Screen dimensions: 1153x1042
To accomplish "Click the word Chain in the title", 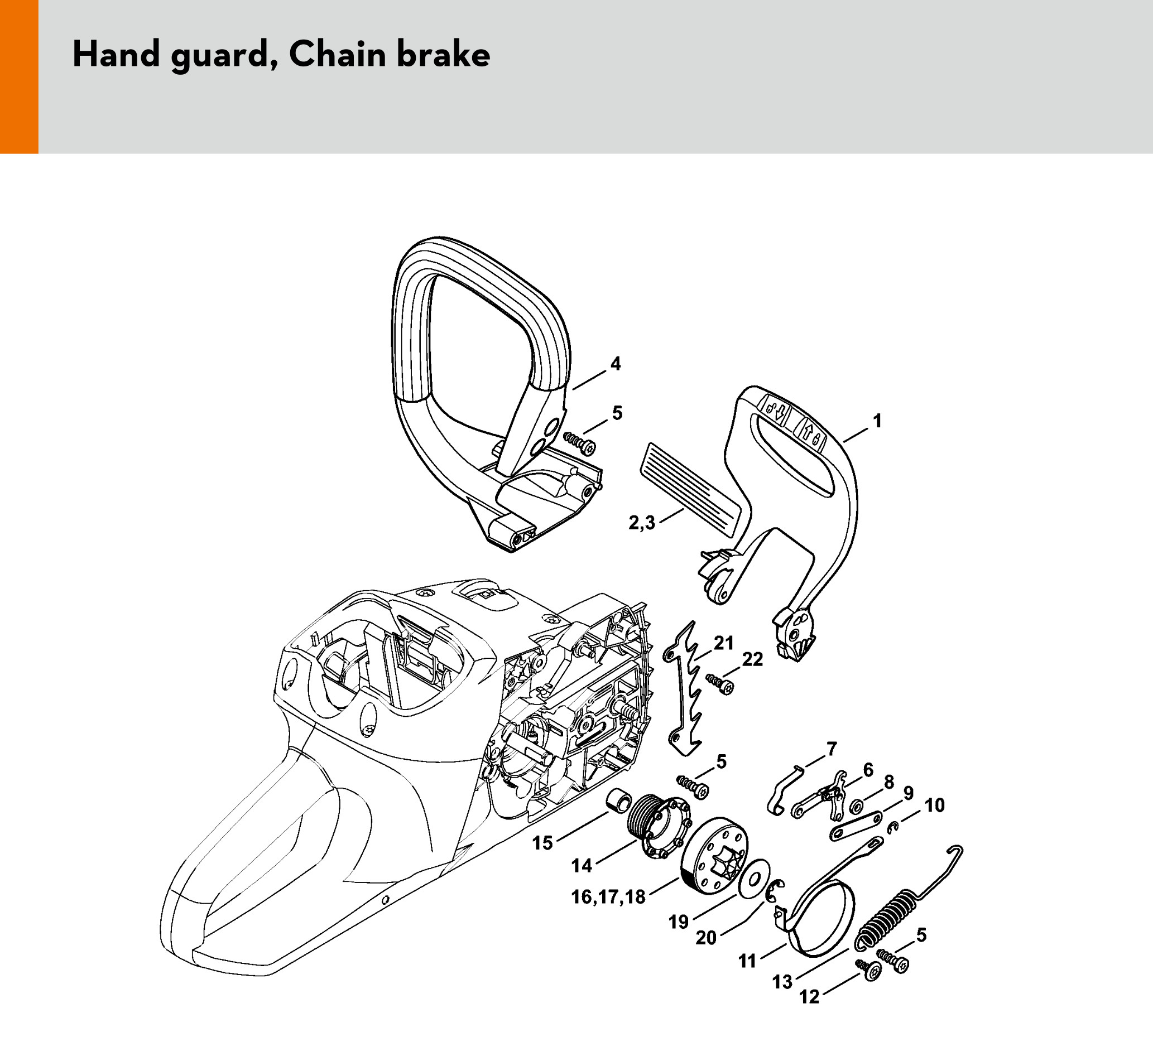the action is click(x=337, y=55).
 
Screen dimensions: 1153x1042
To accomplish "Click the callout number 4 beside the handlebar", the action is click(x=616, y=364).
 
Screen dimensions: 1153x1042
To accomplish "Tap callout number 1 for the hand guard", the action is click(x=877, y=421).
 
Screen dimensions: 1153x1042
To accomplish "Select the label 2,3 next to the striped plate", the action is click(x=642, y=523).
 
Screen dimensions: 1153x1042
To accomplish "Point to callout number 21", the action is click(x=723, y=643).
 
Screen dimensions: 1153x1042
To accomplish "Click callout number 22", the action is click(x=752, y=659).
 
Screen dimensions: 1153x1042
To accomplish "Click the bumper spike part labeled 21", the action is click(x=684, y=686).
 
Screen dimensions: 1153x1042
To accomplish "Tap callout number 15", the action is click(x=542, y=842).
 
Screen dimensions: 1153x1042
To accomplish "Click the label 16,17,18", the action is click(x=608, y=896).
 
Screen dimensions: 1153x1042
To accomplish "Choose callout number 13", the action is click(x=782, y=981).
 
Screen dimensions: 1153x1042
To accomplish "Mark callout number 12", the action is click(x=809, y=997).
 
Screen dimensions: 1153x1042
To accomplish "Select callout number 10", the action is click(x=935, y=805).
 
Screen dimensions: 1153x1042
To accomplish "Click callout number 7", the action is click(x=831, y=747).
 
